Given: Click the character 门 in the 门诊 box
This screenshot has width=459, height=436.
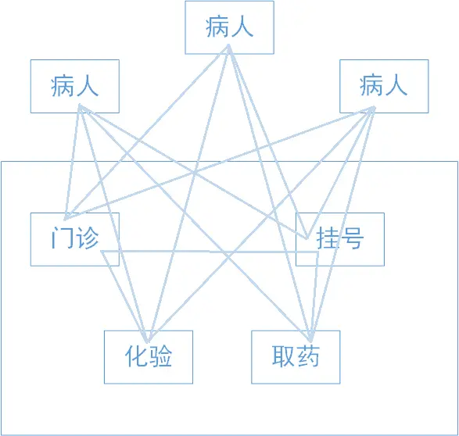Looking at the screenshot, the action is tap(59, 238).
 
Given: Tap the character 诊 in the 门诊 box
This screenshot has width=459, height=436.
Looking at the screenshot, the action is tap(87, 238).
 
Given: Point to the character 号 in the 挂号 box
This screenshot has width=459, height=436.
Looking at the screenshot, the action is tap(352, 238).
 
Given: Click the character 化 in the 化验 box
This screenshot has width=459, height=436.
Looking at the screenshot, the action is tap(135, 356).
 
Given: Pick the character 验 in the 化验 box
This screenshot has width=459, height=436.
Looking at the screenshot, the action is tap(161, 356).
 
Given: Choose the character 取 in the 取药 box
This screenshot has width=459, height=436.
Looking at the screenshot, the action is tap(282, 356).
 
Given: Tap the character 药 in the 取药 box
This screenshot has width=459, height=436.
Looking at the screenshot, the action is tap(308, 356).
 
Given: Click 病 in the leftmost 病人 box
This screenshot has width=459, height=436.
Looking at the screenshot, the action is tap(62, 86).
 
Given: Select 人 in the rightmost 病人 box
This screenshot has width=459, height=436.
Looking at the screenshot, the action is tap(396, 86).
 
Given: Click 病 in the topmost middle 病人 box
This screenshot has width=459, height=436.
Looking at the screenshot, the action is tap(217, 27).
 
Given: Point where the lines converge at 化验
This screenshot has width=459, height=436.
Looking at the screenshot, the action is tap(149, 341).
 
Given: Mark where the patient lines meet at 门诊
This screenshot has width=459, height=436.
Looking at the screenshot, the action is tap(66, 219).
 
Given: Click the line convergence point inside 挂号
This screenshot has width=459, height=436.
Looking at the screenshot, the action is tap(307, 238).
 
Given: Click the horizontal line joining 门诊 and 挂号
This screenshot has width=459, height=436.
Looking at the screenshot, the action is tap(210, 251).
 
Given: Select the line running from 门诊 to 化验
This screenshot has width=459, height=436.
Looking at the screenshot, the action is tap(125, 296).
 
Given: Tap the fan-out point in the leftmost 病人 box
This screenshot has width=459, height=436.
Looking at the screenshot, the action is tap(80, 105).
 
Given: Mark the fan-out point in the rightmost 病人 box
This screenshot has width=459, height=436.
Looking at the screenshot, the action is tap(373, 108).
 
